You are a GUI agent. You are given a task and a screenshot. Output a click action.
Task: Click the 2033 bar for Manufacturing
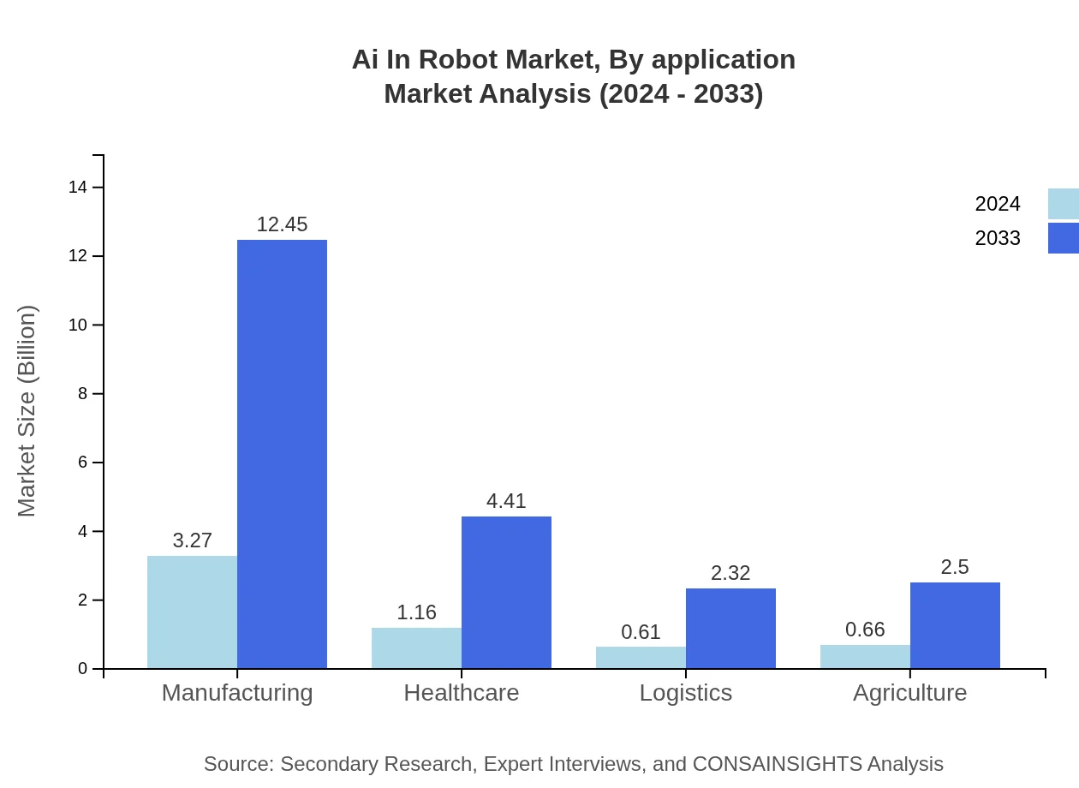click(282, 454)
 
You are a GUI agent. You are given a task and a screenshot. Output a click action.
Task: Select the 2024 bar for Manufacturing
click(192, 612)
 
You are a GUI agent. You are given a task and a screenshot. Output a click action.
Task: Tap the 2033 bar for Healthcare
click(506, 593)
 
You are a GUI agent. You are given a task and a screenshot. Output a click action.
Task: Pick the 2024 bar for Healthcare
click(416, 648)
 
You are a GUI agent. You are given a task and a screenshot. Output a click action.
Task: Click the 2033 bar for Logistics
click(730, 629)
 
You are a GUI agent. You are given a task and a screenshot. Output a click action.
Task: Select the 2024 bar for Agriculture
click(865, 657)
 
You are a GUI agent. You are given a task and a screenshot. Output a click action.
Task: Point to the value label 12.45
click(282, 224)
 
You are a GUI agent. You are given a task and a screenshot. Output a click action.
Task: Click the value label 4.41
click(506, 501)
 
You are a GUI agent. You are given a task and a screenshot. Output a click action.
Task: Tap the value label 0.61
click(641, 632)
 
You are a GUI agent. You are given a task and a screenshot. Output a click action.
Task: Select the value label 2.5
click(955, 567)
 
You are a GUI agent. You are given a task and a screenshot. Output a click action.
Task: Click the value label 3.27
click(192, 540)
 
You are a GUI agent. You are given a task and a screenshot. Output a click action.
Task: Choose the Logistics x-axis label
click(686, 692)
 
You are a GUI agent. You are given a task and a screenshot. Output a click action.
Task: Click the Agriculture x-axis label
click(909, 692)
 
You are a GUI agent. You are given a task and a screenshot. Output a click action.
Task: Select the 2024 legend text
click(998, 204)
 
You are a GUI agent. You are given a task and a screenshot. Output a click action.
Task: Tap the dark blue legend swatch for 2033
click(1063, 238)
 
